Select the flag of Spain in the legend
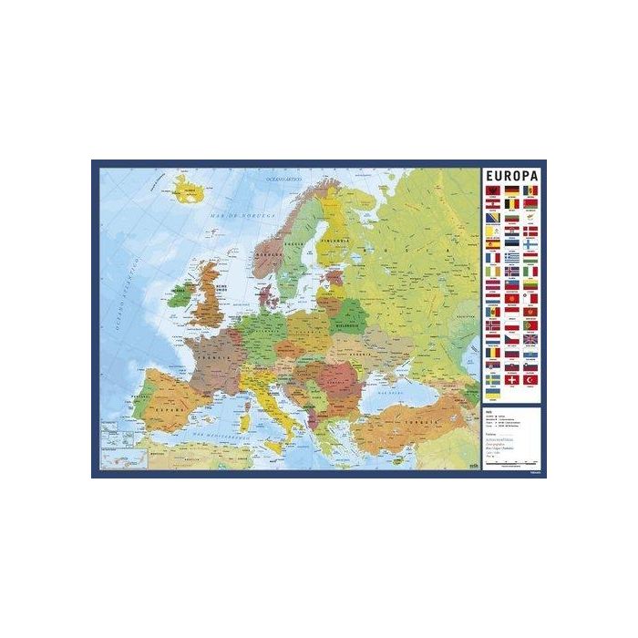point(492,244)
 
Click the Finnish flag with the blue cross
point(530,244)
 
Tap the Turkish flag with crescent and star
point(530,379)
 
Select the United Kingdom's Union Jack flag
point(530,339)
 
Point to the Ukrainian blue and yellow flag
point(492,392)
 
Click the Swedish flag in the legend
point(492,379)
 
